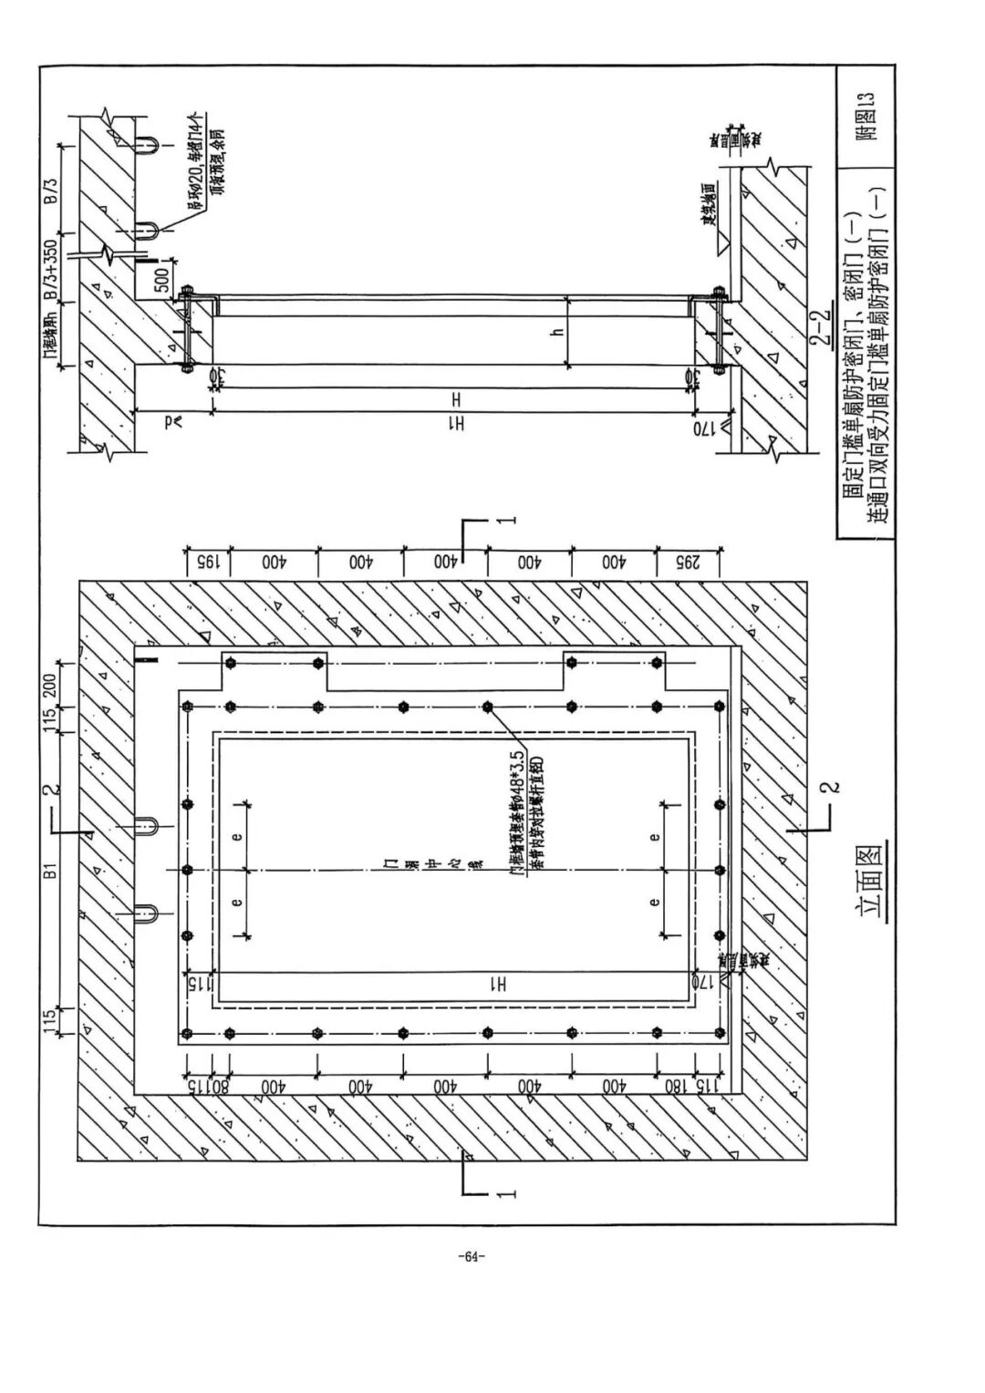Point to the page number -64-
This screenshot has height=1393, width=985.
473,1257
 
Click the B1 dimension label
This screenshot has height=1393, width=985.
52,872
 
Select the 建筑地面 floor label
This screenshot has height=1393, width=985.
707,207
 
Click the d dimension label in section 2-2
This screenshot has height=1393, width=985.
171,420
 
